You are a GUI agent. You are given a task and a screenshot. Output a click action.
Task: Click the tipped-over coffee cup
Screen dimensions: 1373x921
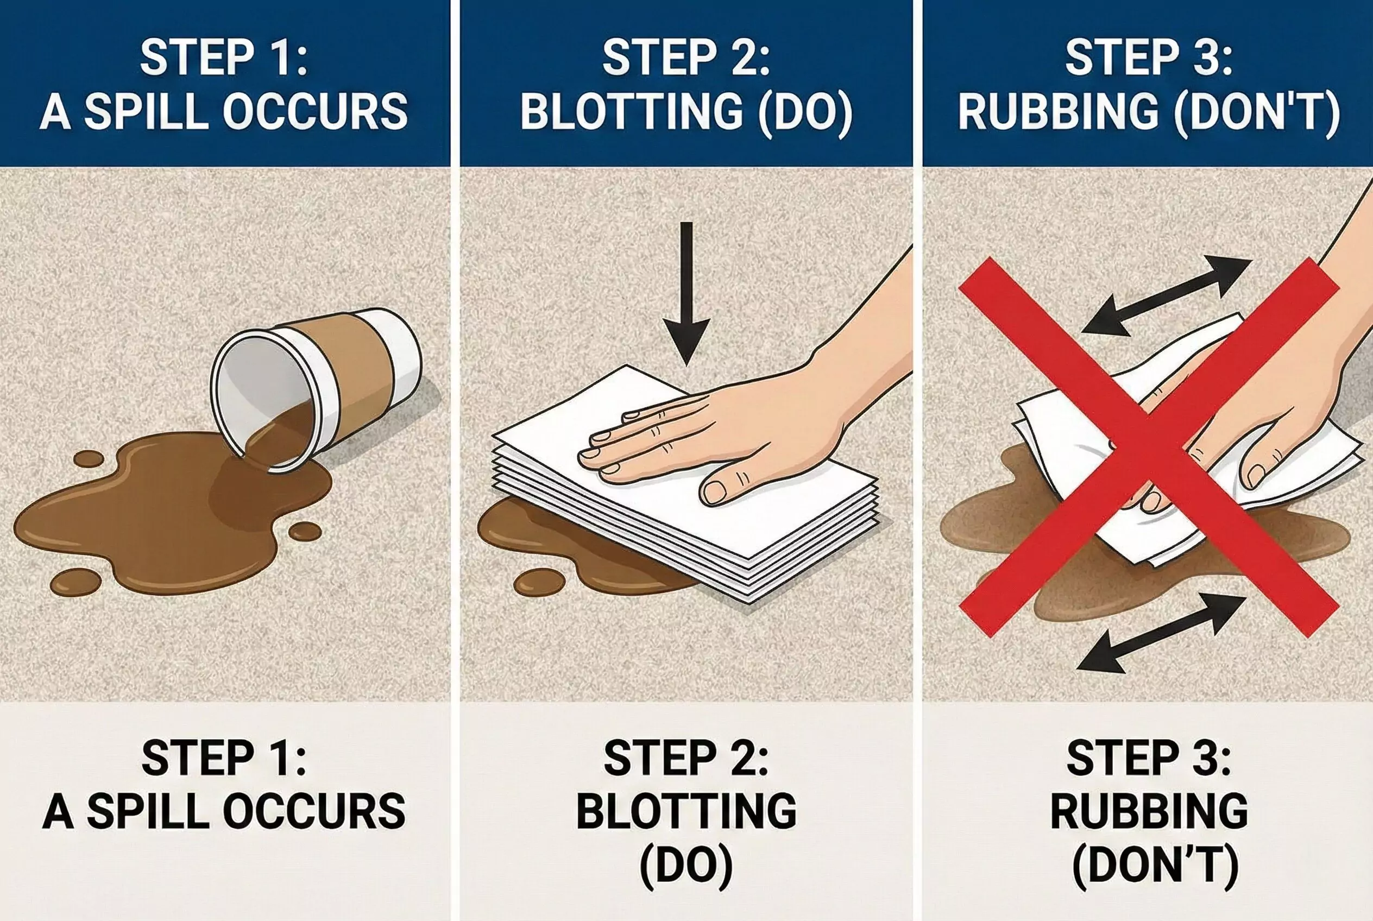pyautogui.click(x=317, y=388)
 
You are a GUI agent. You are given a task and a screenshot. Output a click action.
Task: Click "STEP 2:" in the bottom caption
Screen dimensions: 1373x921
pyautogui.click(x=685, y=758)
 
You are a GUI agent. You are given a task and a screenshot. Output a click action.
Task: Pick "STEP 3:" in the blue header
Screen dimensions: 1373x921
pyautogui.click(x=1149, y=58)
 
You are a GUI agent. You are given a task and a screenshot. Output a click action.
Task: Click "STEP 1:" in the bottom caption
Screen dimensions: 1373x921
pyautogui.click(x=224, y=758)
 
